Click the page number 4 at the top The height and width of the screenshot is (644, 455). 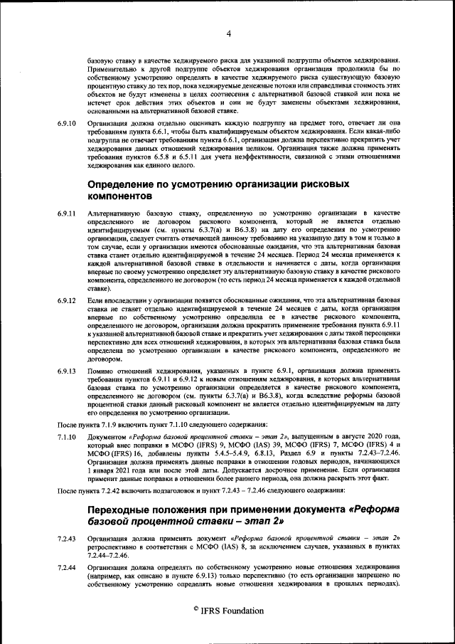[x=228, y=33]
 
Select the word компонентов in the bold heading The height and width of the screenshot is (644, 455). [x=119, y=195]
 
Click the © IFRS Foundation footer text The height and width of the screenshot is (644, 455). [x=228, y=611]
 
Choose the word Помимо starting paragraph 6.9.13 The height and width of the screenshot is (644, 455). [x=100, y=371]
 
